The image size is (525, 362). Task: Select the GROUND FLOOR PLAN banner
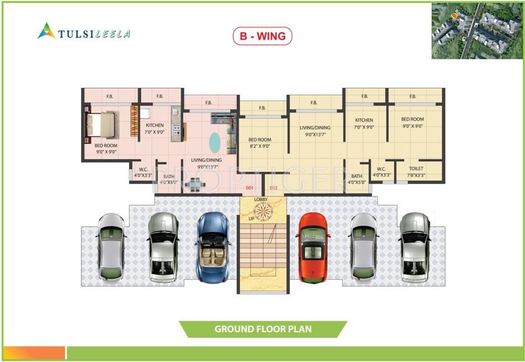pos(262,329)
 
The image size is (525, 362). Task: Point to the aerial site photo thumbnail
pos(477,30)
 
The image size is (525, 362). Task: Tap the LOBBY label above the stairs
pos(261,200)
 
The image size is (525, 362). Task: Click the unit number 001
pos(249,188)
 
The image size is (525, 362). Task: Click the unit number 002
pos(274,188)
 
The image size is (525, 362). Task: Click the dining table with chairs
pos(192,185)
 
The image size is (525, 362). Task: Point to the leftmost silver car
pos(110,248)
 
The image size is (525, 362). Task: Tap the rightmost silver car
pos(415,247)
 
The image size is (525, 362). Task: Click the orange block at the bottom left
pos(33,353)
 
